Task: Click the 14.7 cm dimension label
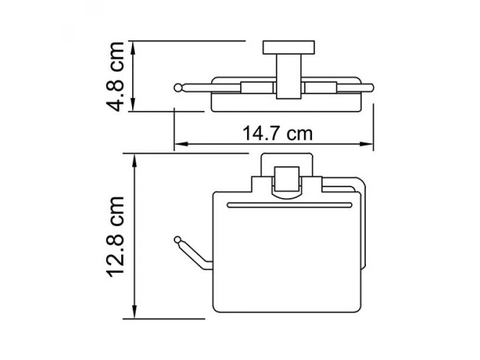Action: [x=278, y=134]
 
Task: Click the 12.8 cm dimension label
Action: [x=115, y=236]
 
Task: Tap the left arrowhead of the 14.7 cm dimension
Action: [x=181, y=144]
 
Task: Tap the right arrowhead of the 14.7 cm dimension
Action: [x=367, y=144]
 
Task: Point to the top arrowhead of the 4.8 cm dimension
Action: [x=133, y=47]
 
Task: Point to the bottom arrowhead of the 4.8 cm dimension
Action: [x=133, y=104]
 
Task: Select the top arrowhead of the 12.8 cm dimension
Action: [x=134, y=160]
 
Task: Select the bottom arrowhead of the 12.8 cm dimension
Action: [x=134, y=312]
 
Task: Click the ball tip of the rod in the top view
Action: [x=178, y=88]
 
